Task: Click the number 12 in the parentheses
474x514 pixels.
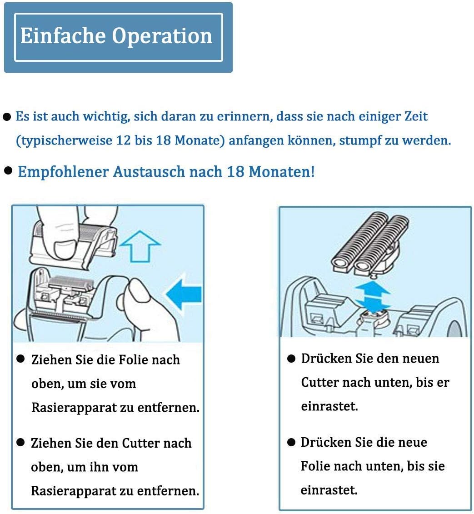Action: click(122, 140)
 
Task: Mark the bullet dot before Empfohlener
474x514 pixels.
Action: click(8, 171)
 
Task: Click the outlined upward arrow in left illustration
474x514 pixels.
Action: click(143, 245)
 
